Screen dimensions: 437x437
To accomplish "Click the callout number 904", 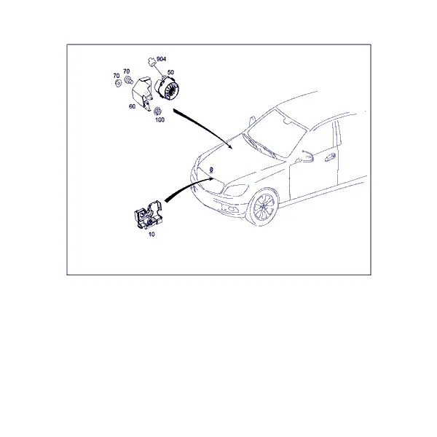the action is (x=162, y=59).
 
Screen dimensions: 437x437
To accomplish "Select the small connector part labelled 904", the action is (x=151, y=62).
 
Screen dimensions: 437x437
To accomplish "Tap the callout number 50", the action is (x=170, y=72).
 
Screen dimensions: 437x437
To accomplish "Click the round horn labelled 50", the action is (x=167, y=88).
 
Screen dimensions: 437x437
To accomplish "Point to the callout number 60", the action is (x=132, y=106).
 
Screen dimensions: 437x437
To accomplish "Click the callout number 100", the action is (x=160, y=120).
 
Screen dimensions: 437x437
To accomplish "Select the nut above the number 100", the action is (x=158, y=111).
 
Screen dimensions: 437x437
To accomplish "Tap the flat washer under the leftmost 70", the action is (x=118, y=83).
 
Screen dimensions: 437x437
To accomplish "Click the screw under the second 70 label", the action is (x=128, y=80).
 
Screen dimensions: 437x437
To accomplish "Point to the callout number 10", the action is (x=151, y=235).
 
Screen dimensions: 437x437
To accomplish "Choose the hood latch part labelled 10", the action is (x=148, y=215).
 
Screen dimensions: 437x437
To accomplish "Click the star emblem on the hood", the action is (x=211, y=170).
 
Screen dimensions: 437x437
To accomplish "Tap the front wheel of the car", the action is (x=263, y=207).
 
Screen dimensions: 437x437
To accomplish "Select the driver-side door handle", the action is (x=330, y=157).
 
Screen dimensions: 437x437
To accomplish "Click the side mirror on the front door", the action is (x=307, y=157).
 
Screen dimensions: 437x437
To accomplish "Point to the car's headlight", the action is (x=235, y=190).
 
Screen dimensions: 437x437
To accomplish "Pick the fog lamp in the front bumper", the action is (x=230, y=208).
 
